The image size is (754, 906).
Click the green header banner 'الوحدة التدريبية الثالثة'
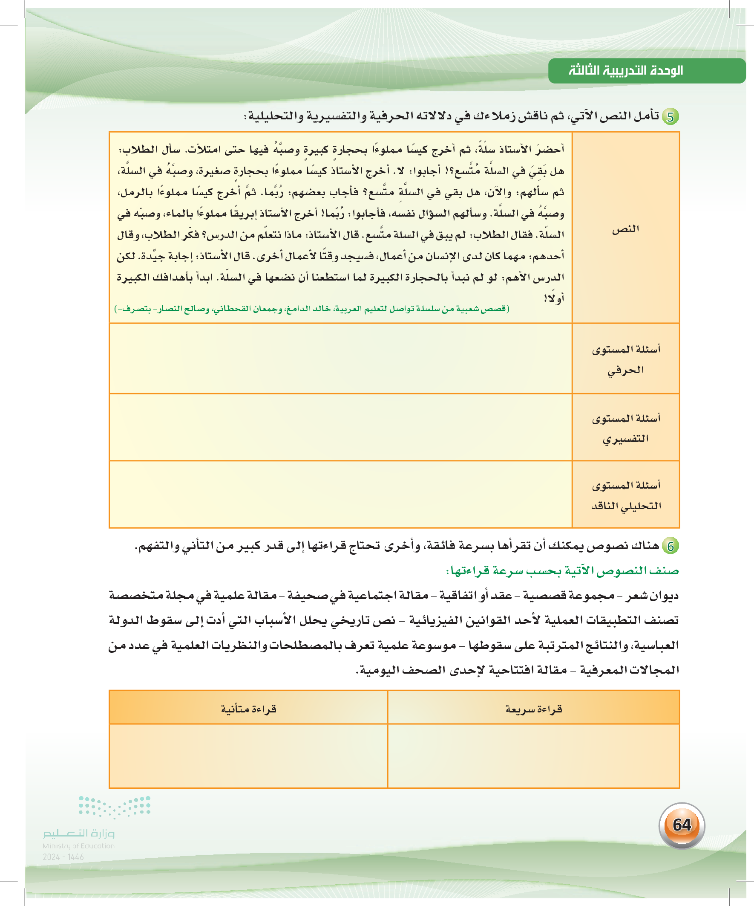[x=646, y=71]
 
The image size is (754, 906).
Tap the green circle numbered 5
[x=671, y=117]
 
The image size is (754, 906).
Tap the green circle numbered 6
[x=671, y=546]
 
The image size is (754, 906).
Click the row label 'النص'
[x=625, y=229]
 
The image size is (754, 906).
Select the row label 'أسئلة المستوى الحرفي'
[x=626, y=359]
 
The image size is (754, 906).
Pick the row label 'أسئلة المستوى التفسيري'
[x=626, y=428]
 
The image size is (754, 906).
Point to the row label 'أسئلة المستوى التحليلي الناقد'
[x=626, y=495]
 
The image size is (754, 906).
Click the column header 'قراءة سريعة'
[x=534, y=709]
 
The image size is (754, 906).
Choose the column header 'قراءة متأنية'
[x=248, y=709]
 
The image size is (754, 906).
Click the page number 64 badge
[x=682, y=825]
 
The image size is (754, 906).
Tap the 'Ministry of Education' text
[x=78, y=846]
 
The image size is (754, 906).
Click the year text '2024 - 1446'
[x=63, y=857]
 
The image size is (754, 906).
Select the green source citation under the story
[x=312, y=309]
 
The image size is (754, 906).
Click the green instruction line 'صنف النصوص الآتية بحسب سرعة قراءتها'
[x=562, y=571]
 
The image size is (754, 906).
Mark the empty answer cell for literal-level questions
[x=340, y=359]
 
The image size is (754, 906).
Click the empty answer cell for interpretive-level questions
[x=340, y=427]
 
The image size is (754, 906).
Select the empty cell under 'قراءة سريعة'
[x=533, y=755]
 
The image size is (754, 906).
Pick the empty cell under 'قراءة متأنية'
[x=248, y=755]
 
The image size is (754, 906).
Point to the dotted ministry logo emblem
[x=114, y=807]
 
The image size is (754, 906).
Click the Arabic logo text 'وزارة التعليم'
[x=78, y=833]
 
